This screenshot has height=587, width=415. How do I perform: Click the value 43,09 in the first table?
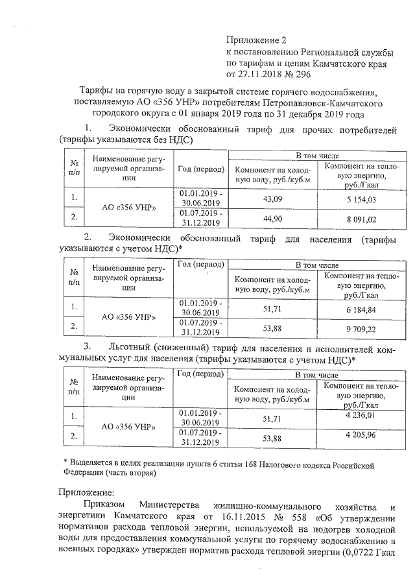272,198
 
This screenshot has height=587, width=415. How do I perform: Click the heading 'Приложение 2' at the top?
255,40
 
